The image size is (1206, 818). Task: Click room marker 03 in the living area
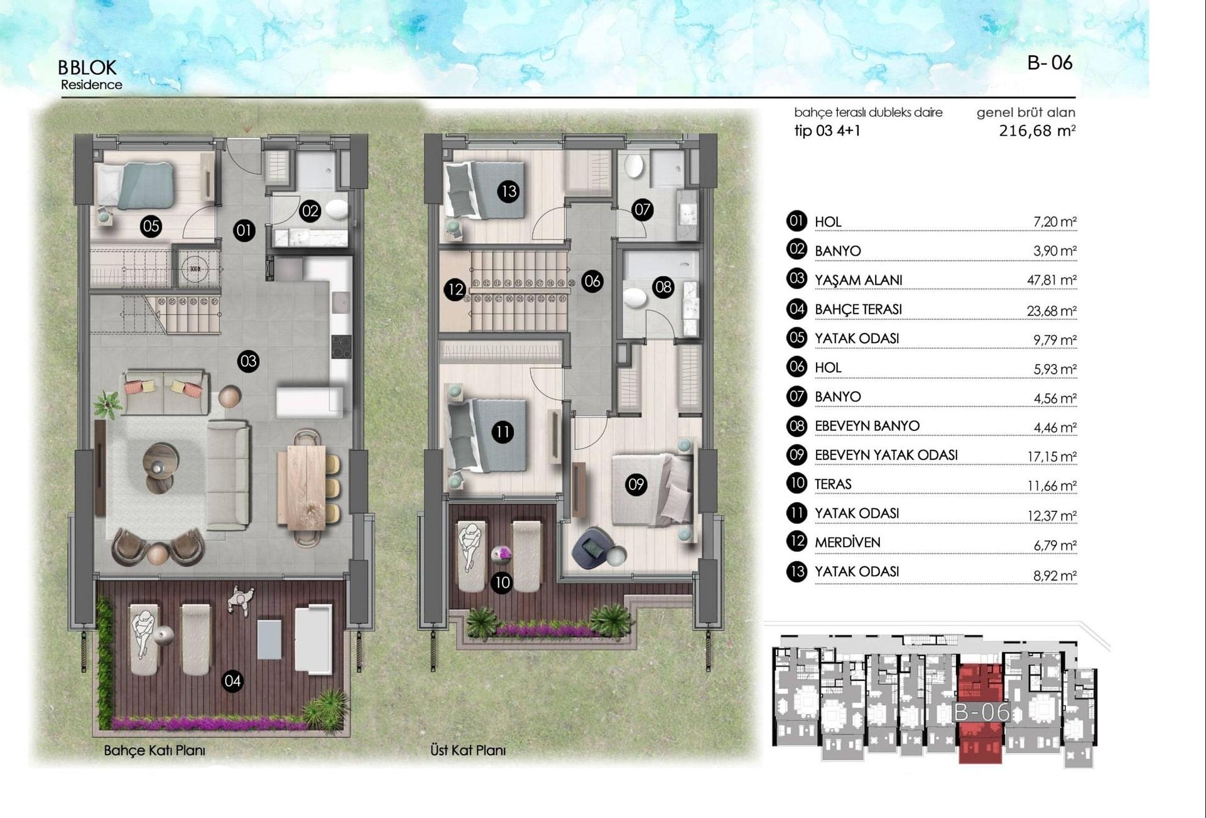248,361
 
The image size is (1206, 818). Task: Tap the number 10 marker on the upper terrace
502,582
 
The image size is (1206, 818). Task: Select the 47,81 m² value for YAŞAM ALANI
1051,280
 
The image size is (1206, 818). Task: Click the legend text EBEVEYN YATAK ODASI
886,455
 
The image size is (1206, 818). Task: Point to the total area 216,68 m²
1036,131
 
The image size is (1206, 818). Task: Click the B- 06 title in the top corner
1050,63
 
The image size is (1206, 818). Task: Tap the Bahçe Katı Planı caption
155,750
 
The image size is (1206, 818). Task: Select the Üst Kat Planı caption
468,750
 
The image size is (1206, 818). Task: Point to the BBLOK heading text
87,67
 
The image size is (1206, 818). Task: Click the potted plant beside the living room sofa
108,403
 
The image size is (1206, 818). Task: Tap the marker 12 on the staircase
455,290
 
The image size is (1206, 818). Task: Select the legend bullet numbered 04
796,308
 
